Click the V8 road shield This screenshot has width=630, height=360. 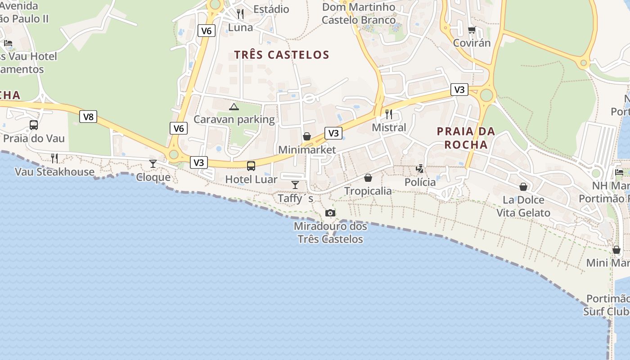tap(89, 117)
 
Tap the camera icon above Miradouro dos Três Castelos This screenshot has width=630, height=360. tap(330, 213)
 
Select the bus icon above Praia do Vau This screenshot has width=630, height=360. tap(34, 125)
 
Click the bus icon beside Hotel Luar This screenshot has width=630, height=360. tap(251, 166)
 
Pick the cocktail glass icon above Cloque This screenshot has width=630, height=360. tap(153, 164)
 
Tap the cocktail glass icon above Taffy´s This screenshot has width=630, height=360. tap(295, 184)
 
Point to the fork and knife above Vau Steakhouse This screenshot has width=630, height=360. tap(54, 158)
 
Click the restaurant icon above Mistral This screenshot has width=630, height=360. tap(389, 114)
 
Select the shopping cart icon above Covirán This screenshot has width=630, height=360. tap(472, 30)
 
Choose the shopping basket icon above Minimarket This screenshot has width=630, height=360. tap(307, 136)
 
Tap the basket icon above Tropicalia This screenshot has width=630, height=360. tap(368, 178)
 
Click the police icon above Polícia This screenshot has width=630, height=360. tap(420, 169)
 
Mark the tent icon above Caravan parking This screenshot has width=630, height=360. tap(234, 107)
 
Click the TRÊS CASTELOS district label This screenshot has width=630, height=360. tap(282, 55)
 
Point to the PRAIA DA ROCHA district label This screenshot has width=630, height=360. tap(466, 138)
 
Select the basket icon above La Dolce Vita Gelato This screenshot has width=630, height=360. tap(523, 187)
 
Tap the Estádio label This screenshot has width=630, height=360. tap(271, 9)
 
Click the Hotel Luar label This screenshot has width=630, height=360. tap(251, 179)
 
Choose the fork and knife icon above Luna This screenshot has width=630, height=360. tap(240, 14)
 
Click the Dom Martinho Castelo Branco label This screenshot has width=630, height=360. tap(359, 13)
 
